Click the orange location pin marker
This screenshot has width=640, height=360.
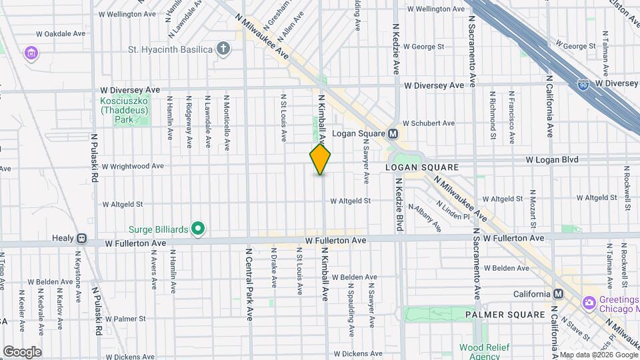tap(320, 159)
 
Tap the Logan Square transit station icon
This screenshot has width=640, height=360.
tap(393, 133)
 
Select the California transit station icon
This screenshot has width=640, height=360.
tap(558, 294)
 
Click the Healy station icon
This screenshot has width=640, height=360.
tap(81, 238)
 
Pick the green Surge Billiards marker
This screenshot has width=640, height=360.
tap(197, 229)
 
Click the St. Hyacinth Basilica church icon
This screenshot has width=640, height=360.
tap(224, 49)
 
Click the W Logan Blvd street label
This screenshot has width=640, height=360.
tap(551, 160)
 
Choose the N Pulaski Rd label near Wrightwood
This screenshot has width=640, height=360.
tap(95, 158)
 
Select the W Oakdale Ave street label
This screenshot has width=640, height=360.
tap(61, 33)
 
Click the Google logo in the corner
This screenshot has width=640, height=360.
tap(22, 352)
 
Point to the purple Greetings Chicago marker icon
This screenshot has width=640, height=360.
tap(589, 303)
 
